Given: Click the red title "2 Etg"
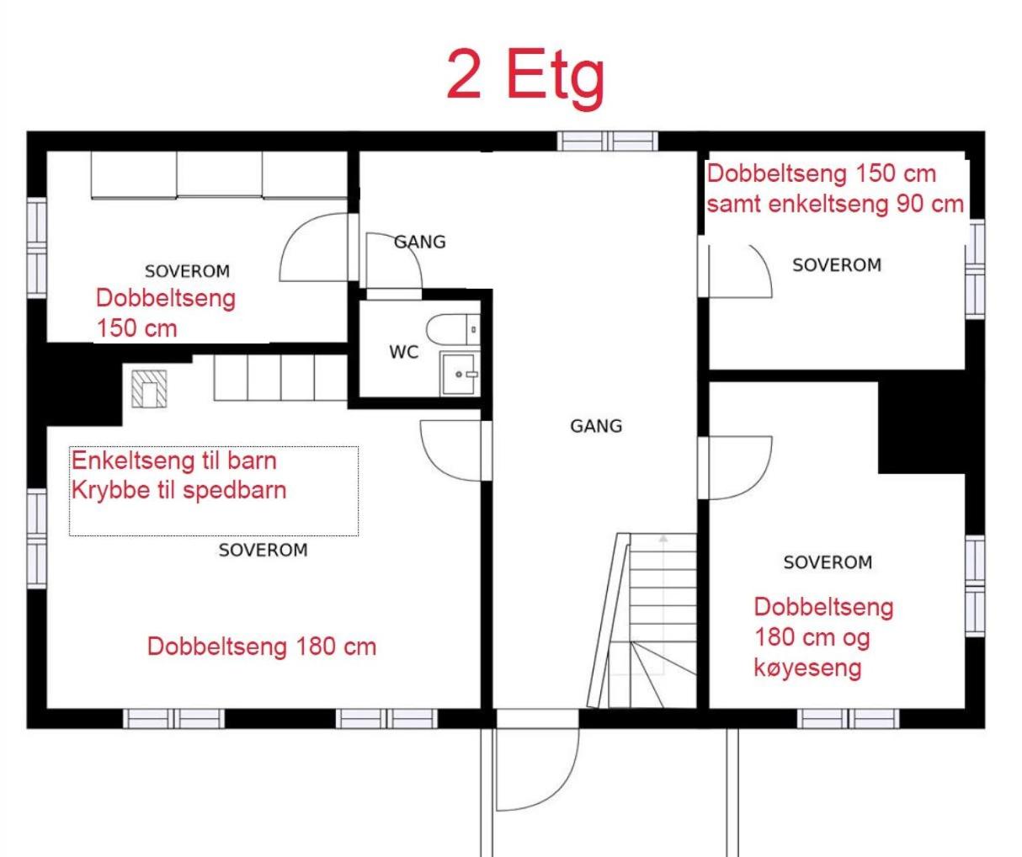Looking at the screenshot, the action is click(x=525, y=78).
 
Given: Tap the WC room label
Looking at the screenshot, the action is click(x=404, y=352).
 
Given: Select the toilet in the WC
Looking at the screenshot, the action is click(x=453, y=329).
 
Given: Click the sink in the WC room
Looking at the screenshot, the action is click(x=459, y=373).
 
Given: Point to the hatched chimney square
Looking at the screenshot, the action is click(x=149, y=389).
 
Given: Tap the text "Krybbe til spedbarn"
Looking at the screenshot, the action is click(x=178, y=491).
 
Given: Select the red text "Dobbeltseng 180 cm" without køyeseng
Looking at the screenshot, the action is click(x=262, y=647).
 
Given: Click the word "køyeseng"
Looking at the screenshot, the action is click(x=807, y=668).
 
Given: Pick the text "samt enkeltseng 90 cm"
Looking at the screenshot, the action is click(x=835, y=204).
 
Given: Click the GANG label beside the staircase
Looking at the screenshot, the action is click(x=596, y=426).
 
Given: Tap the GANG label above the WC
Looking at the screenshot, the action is click(x=420, y=242).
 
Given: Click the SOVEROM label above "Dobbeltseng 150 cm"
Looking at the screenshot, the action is click(x=187, y=271).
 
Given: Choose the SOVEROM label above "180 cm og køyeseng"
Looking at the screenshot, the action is click(x=828, y=562).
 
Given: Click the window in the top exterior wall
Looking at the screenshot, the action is click(x=608, y=141).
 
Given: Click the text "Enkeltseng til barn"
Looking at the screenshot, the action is click(x=174, y=460).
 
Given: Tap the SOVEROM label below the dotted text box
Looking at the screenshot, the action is click(x=263, y=550).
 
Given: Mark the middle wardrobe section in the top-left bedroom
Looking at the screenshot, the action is click(x=219, y=175).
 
